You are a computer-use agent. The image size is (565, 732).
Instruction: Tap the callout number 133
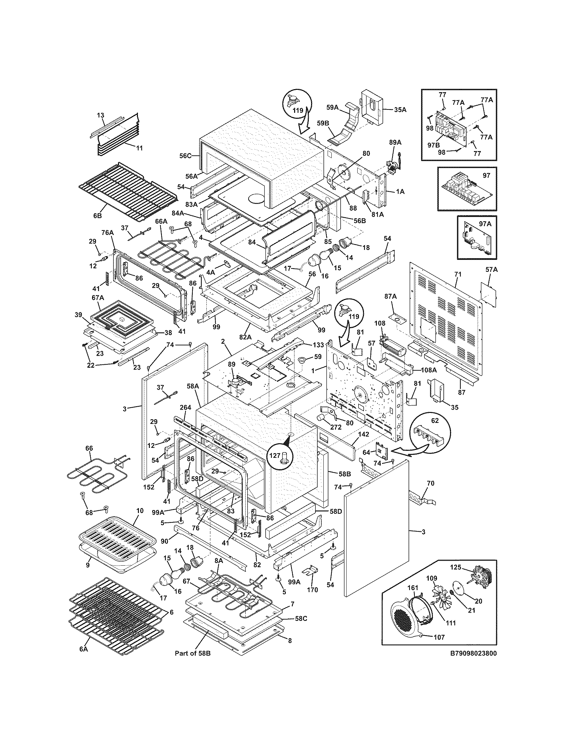[319, 345]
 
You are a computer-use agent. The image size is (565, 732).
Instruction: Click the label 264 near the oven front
[185, 407]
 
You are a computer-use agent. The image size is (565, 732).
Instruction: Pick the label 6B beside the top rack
[97, 216]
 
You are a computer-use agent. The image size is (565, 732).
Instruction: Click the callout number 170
[312, 590]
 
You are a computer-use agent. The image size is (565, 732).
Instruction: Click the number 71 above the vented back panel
[458, 274]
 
